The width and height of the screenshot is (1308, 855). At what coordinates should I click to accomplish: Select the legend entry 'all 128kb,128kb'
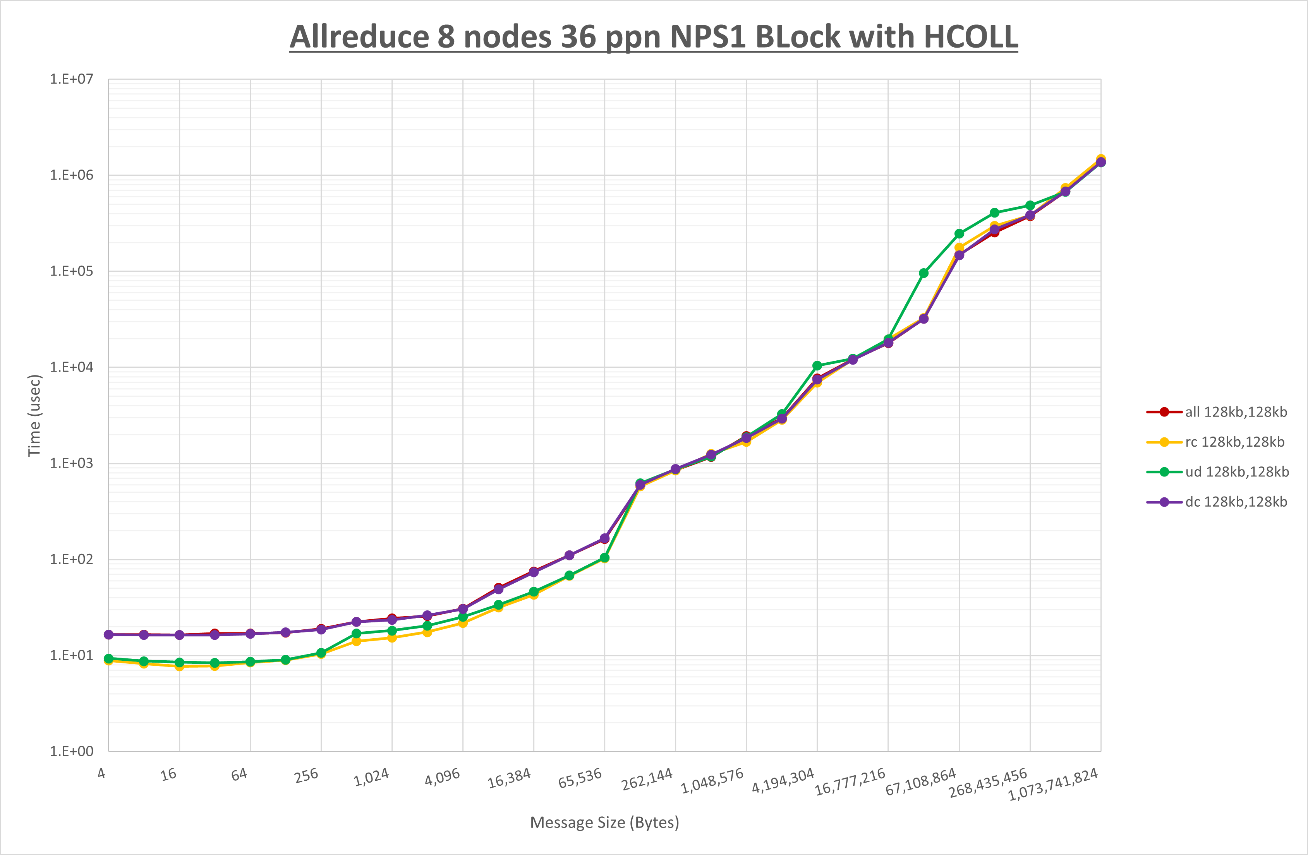tap(1236, 412)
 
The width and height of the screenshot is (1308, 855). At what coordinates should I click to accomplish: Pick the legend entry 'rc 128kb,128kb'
tap(1234, 442)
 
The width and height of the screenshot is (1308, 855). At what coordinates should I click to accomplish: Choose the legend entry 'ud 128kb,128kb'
tap(1236, 471)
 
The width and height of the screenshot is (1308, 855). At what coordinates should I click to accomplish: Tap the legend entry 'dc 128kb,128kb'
tap(1236, 502)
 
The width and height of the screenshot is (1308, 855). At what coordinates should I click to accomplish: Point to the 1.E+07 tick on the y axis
tap(72, 79)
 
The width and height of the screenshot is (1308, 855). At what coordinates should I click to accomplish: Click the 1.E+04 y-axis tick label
tap(72, 367)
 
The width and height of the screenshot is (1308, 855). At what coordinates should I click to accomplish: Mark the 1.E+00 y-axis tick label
tap(72, 751)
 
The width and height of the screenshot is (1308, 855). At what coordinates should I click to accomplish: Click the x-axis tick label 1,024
tap(371, 777)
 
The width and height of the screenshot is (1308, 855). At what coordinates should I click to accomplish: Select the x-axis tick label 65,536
tap(580, 778)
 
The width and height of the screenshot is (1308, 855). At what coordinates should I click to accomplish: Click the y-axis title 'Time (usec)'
tap(34, 415)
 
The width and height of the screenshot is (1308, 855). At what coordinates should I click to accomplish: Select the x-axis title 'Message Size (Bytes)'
tap(604, 822)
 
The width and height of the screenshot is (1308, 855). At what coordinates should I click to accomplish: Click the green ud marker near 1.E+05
tap(923, 273)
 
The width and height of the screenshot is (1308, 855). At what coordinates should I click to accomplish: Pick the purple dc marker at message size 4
tap(109, 635)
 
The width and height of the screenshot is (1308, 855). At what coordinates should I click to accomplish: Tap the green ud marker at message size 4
tap(109, 658)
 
